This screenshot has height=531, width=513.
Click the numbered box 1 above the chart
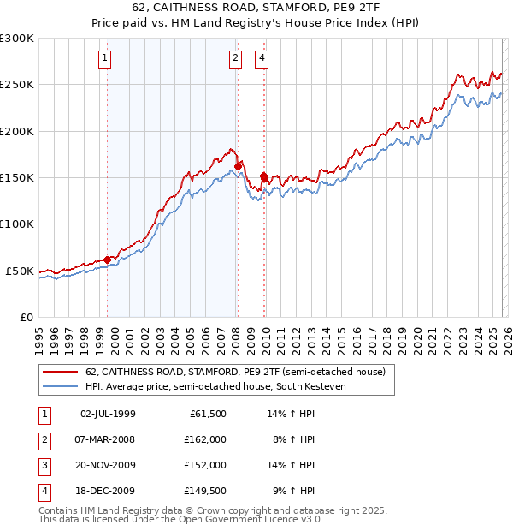104,58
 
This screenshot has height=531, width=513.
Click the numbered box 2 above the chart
234,58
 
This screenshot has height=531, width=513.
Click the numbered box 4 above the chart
262,58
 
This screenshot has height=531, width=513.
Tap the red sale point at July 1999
107,260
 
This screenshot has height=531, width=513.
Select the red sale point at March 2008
238,166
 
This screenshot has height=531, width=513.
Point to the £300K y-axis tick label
17,39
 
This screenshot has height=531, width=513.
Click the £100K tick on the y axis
17,224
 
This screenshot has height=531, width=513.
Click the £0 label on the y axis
27,317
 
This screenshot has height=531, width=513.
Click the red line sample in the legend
62,372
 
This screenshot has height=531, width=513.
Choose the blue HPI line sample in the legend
62,385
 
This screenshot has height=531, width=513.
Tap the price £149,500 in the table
205,491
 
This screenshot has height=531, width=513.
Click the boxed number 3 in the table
43,465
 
